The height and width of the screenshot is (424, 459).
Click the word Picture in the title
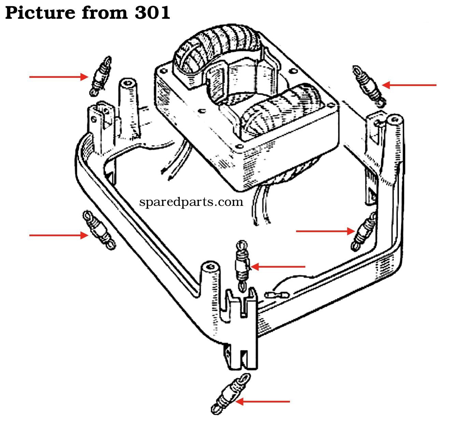40,13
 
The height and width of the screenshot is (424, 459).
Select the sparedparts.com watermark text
191,202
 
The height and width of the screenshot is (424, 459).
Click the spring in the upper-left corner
100,76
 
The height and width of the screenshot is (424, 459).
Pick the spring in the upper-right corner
369,86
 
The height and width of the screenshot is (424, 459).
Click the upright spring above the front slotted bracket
242,266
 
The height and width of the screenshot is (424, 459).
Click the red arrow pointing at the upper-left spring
59,77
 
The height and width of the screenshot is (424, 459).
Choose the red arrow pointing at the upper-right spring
409,85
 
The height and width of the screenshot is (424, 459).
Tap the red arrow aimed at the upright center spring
278,267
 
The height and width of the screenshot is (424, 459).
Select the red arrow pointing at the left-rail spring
59,235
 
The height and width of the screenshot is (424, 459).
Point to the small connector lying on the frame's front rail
277,295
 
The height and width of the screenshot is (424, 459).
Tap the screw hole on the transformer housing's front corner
240,146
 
